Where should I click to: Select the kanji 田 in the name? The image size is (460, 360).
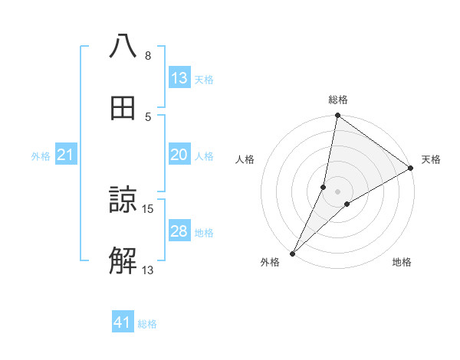[x=123, y=109]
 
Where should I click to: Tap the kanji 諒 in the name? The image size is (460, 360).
[x=123, y=201]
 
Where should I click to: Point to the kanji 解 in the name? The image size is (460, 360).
[x=123, y=261]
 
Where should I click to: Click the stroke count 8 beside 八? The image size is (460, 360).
[x=147, y=56]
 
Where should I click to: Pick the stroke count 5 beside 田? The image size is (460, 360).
[x=147, y=117]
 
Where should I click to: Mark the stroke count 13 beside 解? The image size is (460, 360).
[x=148, y=270]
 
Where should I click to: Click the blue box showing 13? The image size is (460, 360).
[x=179, y=78]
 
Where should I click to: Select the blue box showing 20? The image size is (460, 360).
[x=179, y=155]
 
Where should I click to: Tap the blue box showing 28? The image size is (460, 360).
[x=179, y=231]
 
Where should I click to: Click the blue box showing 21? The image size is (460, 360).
[x=66, y=155]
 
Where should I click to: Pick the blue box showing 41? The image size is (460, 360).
[x=123, y=322]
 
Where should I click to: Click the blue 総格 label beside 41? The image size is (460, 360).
[x=147, y=324]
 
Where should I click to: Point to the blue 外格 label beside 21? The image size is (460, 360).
[x=41, y=156]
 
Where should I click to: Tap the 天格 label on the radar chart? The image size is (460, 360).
[x=431, y=159]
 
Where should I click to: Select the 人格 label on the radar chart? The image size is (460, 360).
[x=245, y=159]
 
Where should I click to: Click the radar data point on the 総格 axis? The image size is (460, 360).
[x=337, y=116]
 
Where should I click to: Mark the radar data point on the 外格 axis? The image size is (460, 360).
[x=293, y=253]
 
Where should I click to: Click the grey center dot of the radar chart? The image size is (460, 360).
[x=337, y=191]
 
